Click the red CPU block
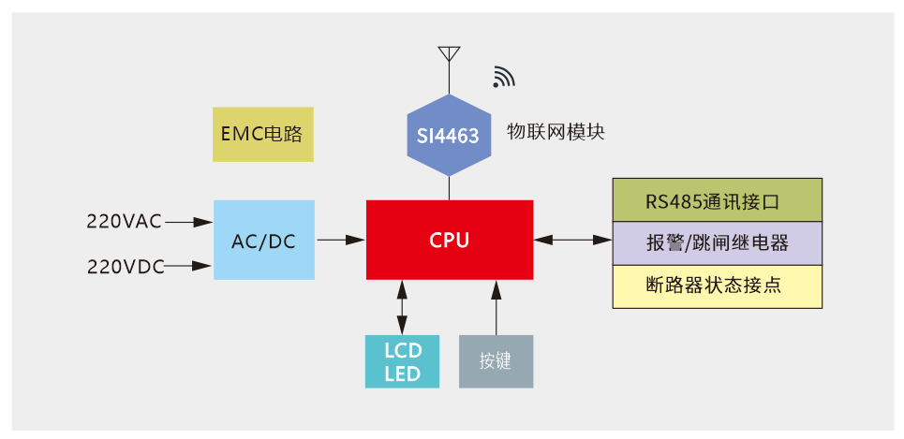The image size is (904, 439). tap(450, 240)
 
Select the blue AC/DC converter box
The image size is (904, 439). tap(263, 240)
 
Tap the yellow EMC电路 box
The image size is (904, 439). tap(262, 134)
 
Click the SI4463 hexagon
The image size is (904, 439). tap(449, 136)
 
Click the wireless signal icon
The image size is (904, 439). tap(504, 78)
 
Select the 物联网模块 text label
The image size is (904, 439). tap(556, 132)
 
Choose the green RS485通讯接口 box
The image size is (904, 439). tap(717, 199)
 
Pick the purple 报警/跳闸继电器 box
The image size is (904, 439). tap(717, 242)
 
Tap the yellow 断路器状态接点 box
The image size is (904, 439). tap(717, 285)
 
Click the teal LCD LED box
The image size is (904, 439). tap(403, 361)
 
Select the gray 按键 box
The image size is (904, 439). tap(496, 361)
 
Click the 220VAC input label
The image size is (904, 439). tap(124, 222)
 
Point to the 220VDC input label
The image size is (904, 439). tap(125, 266)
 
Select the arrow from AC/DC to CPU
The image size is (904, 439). tap(341, 240)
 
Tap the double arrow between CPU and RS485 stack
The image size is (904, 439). tap(572, 240)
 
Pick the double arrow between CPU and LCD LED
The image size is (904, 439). tap(403, 306)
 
